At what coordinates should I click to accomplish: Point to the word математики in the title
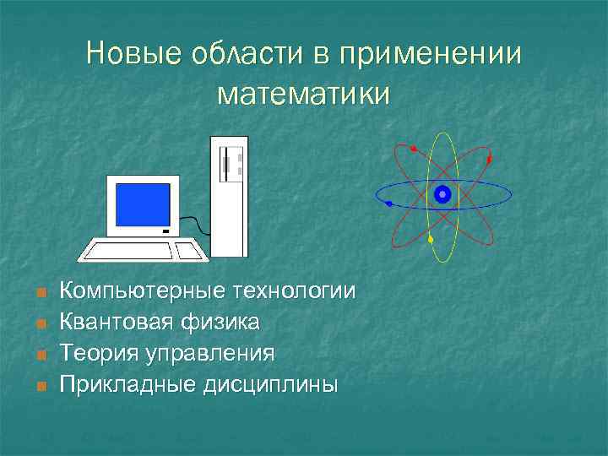click(304, 94)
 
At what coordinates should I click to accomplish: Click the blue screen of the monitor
click(143, 204)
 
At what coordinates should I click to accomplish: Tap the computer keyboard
click(144, 251)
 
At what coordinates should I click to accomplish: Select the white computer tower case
click(229, 196)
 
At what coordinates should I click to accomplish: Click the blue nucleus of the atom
click(442, 195)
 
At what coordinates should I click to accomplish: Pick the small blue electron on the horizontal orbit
click(388, 203)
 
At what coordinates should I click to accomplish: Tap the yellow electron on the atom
click(431, 240)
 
